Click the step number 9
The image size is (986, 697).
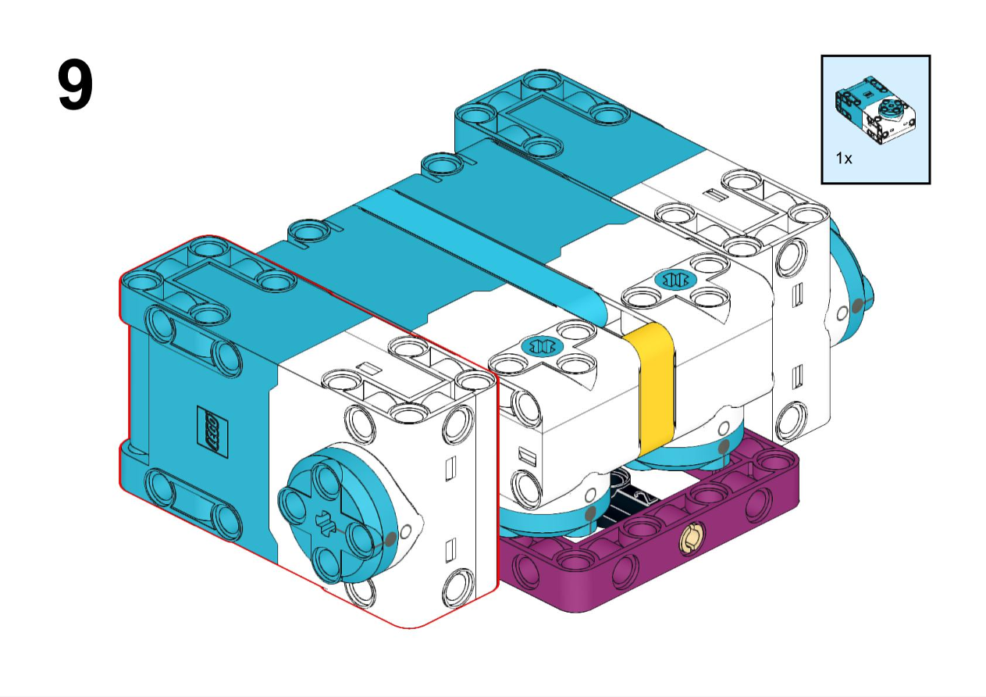tap(76, 86)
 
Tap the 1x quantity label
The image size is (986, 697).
tap(844, 158)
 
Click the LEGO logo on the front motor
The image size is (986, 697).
tap(210, 430)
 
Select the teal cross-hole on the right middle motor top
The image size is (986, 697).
tap(676, 278)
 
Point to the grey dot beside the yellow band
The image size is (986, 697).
tap(724, 447)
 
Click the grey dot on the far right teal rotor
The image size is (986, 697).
tap(858, 306)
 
